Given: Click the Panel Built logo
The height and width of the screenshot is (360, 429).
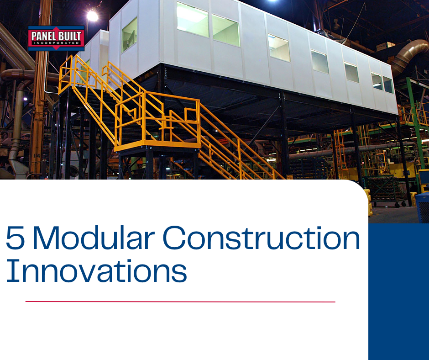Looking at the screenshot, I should (x=56, y=37).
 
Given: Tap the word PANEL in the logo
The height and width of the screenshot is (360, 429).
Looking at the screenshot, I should (x=43, y=34).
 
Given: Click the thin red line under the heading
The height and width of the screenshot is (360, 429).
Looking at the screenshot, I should (x=180, y=302).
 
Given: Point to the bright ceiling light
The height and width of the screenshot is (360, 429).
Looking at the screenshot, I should (x=93, y=16).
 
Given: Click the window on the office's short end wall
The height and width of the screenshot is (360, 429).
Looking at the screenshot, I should (x=129, y=35).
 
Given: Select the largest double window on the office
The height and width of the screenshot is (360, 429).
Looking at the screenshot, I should (x=208, y=25).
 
